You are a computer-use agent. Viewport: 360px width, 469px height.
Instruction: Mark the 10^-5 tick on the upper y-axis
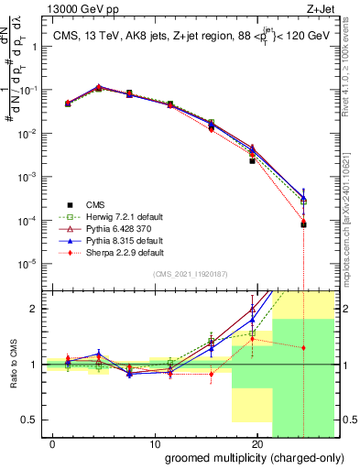point(27,264)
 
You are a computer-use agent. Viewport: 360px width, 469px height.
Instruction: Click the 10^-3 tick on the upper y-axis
point(27,177)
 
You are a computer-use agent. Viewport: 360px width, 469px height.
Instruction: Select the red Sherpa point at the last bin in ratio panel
point(303,348)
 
